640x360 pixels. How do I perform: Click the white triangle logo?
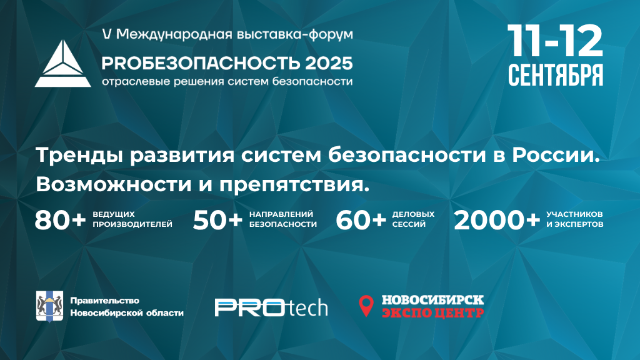pos(63,65)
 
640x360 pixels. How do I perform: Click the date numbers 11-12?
pos(555,41)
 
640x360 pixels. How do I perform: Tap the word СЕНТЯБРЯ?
pos(556,75)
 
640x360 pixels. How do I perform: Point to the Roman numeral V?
pos(106,34)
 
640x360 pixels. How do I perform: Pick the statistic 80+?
pos(60,221)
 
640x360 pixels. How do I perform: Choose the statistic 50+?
pos(217,221)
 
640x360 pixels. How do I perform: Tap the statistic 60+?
pos(361,221)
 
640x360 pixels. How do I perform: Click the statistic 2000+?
pos(497,221)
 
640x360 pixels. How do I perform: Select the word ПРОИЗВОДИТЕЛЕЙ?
pos(132,224)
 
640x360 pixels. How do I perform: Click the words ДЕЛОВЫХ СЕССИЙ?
pos(413,219)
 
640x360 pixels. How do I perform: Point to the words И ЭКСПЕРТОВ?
pos(575,224)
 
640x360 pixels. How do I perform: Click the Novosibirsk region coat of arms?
pos(49,306)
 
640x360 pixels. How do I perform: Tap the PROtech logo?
pos(271,307)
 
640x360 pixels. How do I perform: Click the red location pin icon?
pos(366,306)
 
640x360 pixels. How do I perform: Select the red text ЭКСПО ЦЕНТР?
pos(432,312)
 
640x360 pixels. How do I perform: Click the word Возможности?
pos(114,185)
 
